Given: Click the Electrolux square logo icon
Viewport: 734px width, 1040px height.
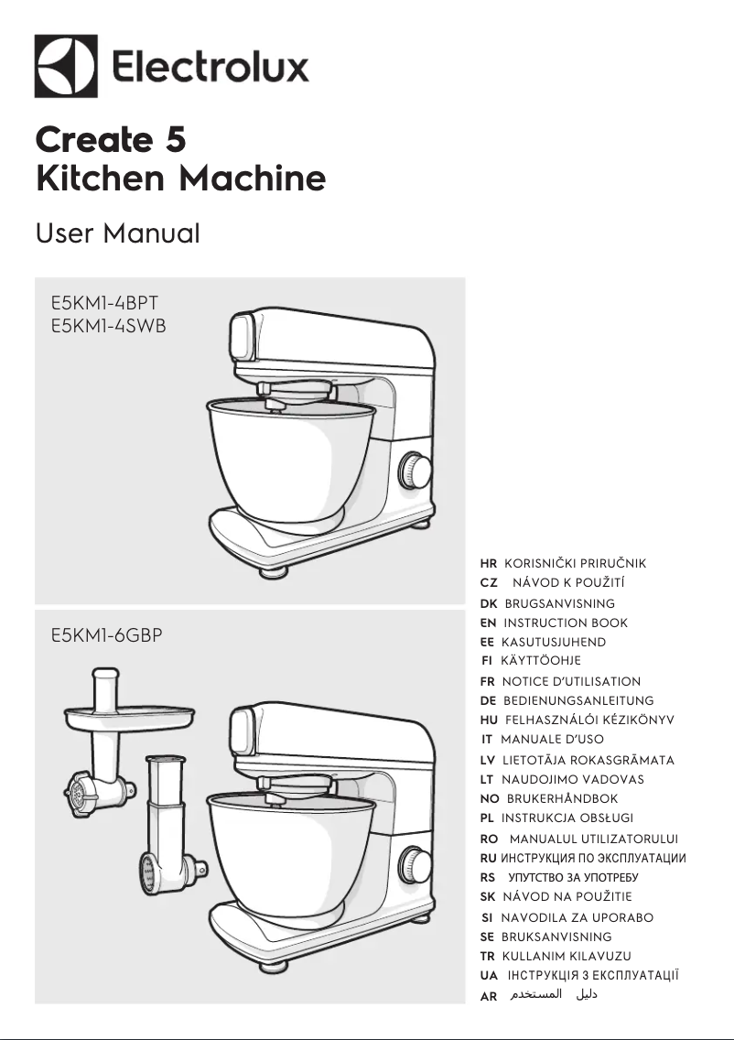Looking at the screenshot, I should [x=66, y=66].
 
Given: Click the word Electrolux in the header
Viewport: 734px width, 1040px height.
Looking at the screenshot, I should [x=210, y=68].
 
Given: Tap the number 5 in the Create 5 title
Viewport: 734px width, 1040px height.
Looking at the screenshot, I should [x=176, y=140].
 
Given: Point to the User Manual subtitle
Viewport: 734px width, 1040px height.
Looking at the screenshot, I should [x=117, y=233].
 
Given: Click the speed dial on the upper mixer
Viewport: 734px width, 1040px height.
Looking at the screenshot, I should [x=416, y=471].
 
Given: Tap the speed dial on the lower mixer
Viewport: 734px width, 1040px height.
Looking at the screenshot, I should [x=416, y=864].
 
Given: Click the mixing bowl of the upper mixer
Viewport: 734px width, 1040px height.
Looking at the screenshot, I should [x=289, y=458].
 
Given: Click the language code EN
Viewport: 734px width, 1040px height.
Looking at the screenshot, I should [x=488, y=623].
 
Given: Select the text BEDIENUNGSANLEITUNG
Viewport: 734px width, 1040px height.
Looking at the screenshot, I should [x=578, y=700].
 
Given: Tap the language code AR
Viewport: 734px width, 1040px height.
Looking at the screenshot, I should [x=489, y=995].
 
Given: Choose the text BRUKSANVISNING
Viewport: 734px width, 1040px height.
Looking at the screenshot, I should [x=556, y=937].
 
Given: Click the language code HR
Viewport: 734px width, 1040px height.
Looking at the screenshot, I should [x=489, y=563].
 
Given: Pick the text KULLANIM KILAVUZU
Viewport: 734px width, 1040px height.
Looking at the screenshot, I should [x=567, y=956].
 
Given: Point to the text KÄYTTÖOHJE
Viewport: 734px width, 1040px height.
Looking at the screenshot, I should [x=541, y=660].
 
